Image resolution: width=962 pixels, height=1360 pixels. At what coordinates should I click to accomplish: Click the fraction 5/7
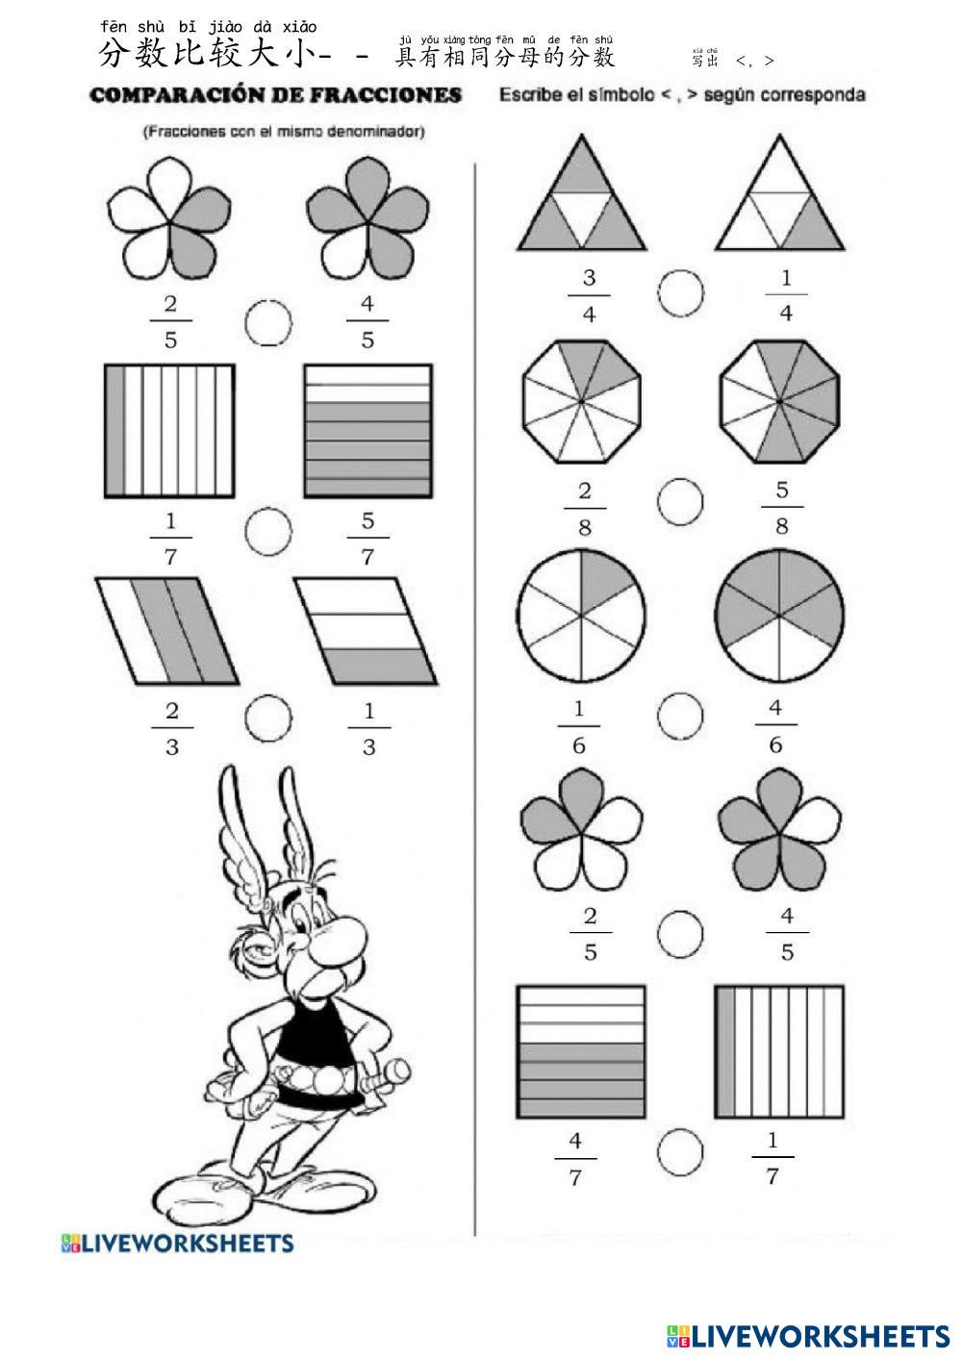pos(367,539)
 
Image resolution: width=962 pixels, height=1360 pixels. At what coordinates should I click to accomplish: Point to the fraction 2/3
pos(172,729)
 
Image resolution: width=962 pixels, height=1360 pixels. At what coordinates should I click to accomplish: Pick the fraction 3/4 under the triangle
pos(589,296)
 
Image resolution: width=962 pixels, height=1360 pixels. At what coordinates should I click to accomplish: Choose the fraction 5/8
pos(782,508)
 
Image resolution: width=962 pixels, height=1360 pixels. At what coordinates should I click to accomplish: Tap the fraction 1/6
pos(579,727)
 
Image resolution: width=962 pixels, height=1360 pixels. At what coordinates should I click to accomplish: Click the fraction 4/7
pos(575,1159)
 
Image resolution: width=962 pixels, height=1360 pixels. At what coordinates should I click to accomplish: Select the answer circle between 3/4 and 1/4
pos(681,291)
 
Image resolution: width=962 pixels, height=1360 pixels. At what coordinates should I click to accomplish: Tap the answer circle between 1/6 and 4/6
pos(680,714)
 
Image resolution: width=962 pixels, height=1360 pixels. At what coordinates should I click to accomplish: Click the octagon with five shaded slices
pos(780,401)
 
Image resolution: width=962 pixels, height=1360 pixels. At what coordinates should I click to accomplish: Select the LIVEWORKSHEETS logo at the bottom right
pos(808,1335)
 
